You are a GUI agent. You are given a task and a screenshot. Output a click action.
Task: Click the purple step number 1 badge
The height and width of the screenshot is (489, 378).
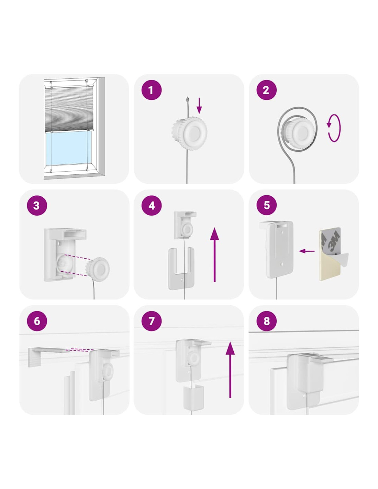[151, 90]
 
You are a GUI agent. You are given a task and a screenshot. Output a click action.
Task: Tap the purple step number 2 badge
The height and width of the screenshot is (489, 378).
[266, 90]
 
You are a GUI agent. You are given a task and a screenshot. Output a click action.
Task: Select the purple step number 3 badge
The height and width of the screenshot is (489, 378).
[37, 205]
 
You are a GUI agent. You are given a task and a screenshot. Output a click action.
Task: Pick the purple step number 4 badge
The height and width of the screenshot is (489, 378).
[151, 205]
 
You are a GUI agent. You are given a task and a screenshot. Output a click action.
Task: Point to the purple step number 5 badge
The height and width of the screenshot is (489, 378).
[266, 205]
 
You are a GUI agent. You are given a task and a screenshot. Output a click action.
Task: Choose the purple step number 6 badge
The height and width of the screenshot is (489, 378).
[37, 321]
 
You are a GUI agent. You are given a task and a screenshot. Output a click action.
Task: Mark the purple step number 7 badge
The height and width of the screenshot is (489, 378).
[151, 321]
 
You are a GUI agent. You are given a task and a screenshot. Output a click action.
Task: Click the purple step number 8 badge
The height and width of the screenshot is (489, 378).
[266, 321]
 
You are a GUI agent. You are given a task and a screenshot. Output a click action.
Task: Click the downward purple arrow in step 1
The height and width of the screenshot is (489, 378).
[199, 106]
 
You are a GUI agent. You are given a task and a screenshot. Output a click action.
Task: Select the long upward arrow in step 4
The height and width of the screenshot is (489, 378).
[214, 254]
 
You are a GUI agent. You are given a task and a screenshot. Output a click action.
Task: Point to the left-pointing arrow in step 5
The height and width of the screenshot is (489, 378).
[307, 251]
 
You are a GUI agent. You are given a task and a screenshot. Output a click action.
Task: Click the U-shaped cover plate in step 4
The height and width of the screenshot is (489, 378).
[181, 269]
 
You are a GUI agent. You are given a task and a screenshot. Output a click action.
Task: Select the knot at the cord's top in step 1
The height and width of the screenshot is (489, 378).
[187, 99]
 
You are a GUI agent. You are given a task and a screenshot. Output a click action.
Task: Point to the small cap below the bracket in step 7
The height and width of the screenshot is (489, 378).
[193, 398]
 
